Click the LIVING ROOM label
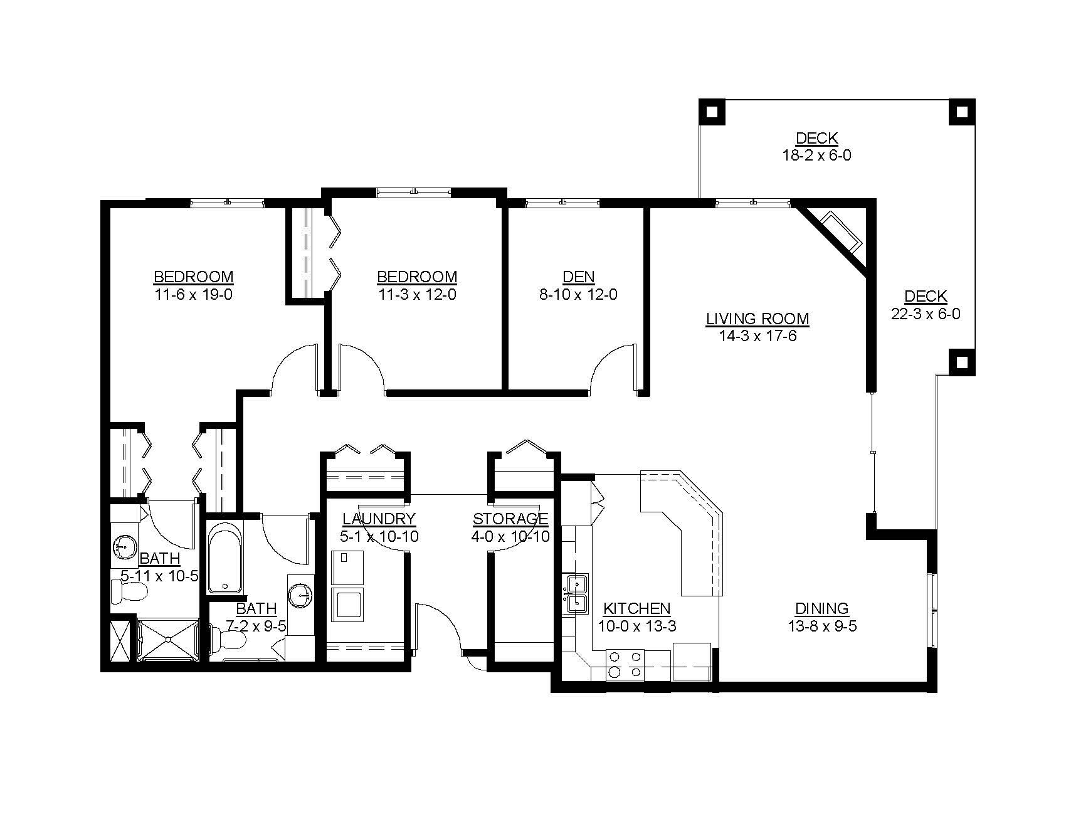coord(757,319)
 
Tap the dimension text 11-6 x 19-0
coord(193,294)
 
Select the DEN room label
coord(578,277)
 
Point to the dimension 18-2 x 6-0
coord(816,156)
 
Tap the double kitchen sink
coord(577,593)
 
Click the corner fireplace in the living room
coord(840,232)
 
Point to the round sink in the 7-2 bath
coord(301,593)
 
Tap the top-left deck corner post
coord(712,112)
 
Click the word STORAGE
coord(510,519)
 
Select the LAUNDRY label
coord(379,519)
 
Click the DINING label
coord(821,608)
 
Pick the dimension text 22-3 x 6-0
coord(925,314)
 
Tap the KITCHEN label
coord(636,608)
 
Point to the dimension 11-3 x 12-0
coord(416,294)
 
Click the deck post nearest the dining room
coord(962,361)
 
